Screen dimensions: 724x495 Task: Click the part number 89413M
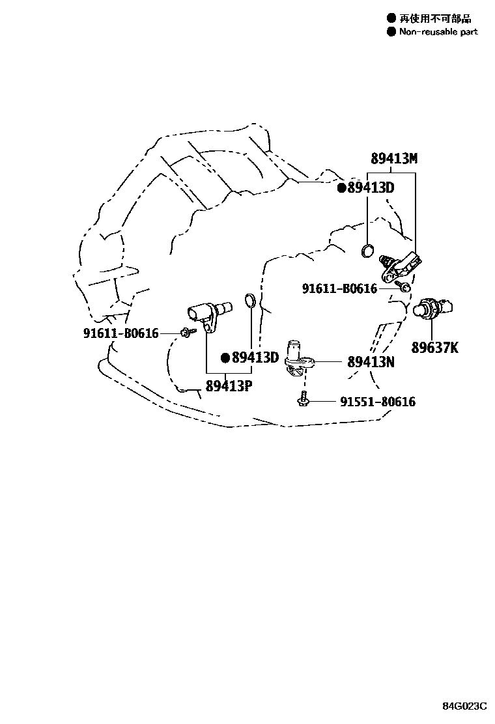point(394,159)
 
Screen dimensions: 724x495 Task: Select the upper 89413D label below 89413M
point(371,188)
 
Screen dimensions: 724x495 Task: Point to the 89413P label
point(229,385)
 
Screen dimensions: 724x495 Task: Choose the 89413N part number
point(371,362)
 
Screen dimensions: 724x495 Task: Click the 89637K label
point(434,348)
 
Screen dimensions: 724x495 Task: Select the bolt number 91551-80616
point(377,402)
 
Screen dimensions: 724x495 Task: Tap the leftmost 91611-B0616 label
point(121,333)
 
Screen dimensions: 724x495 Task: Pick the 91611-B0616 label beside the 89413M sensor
point(339,288)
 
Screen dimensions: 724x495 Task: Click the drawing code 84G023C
point(465,706)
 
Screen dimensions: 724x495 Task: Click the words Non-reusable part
point(438,31)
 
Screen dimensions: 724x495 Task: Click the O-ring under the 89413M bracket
point(368,249)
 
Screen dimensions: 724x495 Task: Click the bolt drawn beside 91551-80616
point(302,402)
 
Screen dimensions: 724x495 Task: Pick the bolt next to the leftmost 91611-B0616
point(186,333)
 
